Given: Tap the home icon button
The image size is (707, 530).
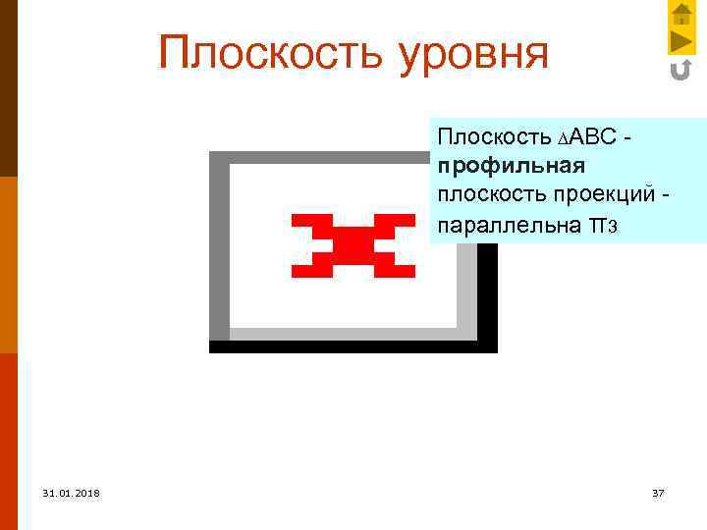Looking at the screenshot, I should click(x=681, y=14).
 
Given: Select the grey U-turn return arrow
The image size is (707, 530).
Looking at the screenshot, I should click(x=680, y=70).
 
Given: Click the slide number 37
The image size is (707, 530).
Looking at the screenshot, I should click(x=658, y=493).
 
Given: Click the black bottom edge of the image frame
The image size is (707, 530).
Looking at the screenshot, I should click(x=353, y=346).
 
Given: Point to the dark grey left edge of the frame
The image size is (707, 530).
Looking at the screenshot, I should click(x=219, y=245).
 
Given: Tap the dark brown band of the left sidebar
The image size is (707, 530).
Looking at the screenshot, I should click(x=8, y=88).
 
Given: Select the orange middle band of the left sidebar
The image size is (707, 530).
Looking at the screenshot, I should click(x=8, y=265).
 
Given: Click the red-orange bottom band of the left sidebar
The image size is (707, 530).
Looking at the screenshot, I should click(x=8, y=442).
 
